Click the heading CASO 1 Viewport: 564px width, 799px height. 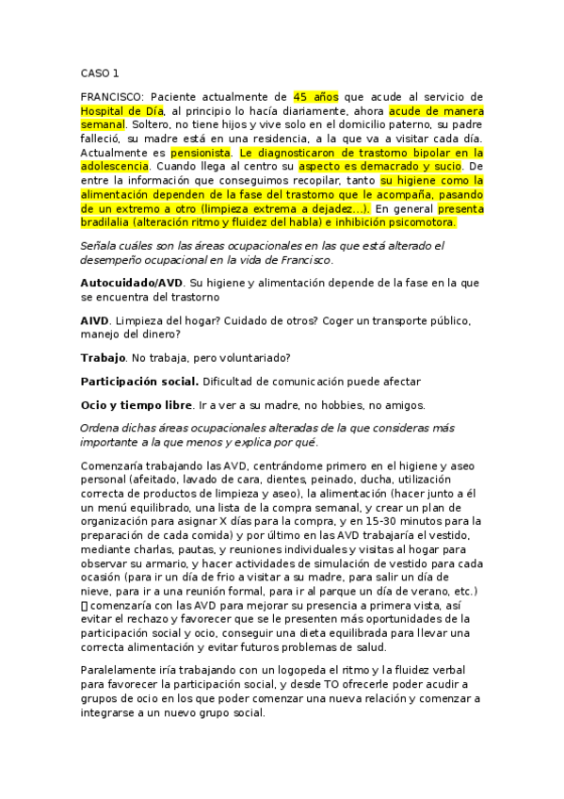[x=100, y=73]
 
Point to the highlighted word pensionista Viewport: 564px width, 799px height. [x=201, y=152]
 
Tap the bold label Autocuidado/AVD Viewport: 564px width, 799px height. [x=131, y=282]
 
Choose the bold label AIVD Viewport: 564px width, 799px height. [x=94, y=320]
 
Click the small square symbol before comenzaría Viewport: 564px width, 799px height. [x=85, y=591]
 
